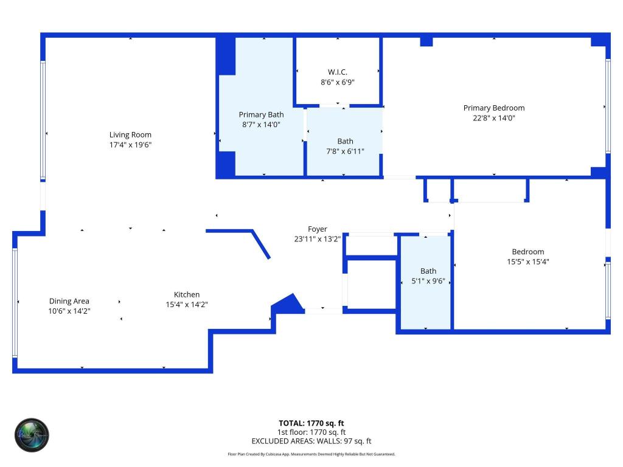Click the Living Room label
click(130, 135)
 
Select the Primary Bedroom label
click(493, 108)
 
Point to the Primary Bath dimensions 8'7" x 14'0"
click(261, 125)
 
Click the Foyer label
click(317, 229)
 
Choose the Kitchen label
click(186, 294)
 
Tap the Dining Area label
click(69, 301)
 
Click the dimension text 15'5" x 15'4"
click(527, 262)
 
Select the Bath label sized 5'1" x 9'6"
click(428, 271)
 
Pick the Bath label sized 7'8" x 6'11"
click(345, 141)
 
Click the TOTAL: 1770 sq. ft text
click(311, 423)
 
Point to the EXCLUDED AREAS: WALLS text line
click(311, 441)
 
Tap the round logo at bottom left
click(32, 435)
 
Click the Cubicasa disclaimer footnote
click(311, 454)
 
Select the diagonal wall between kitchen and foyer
click(261, 244)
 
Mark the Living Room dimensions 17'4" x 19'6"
click(130, 145)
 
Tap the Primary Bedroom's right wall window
click(607, 106)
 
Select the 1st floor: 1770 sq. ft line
click(311, 432)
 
